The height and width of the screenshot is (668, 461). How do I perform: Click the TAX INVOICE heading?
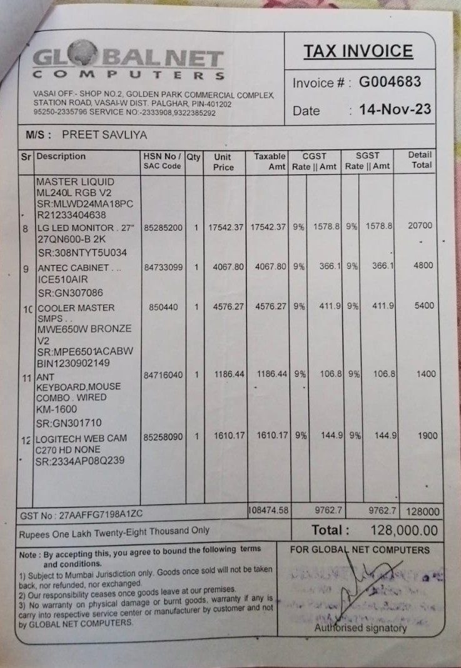[358, 51]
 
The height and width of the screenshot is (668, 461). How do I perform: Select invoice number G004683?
[390, 82]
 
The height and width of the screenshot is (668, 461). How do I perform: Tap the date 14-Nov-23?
[395, 109]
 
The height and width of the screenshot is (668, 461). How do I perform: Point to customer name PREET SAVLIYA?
[104, 135]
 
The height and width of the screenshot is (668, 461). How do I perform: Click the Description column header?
[61, 156]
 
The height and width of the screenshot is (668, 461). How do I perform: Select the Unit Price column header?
[223, 162]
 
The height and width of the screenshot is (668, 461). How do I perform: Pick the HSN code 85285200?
[163, 227]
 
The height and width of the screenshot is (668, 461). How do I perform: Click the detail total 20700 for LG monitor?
[420, 226]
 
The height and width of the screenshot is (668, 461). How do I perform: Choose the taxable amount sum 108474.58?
[268, 510]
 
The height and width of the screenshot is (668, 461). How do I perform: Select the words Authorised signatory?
[360, 627]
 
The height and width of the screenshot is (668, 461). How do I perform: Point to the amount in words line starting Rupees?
[114, 531]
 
